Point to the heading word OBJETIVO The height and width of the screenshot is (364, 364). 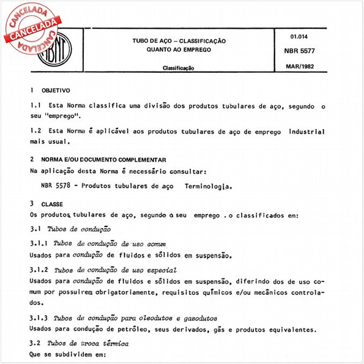click(x=56, y=90)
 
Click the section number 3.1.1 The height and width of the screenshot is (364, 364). click(x=40, y=243)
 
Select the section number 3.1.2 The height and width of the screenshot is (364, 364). click(x=40, y=270)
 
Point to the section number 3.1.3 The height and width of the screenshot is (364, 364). click(x=40, y=319)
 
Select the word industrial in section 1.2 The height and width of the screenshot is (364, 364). click(x=302, y=132)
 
